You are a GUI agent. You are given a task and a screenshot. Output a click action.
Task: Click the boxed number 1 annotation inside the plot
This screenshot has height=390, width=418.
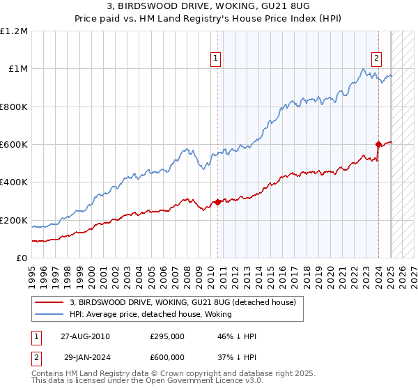tap(217, 59)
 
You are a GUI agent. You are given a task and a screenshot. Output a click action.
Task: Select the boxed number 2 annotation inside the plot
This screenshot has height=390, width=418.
tap(377, 59)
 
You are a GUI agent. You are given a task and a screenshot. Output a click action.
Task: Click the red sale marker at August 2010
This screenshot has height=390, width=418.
tap(217, 202)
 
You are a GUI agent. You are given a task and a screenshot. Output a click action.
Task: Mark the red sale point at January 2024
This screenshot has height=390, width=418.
tap(378, 144)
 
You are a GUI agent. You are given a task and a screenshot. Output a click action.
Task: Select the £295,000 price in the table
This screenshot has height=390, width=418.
tap(167, 336)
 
